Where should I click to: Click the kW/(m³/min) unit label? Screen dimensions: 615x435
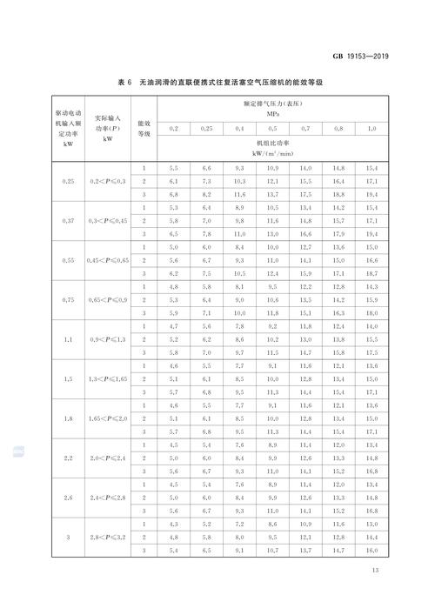click(x=272, y=154)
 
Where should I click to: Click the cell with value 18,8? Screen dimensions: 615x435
click(x=338, y=195)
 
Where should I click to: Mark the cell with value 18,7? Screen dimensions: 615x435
click(x=371, y=274)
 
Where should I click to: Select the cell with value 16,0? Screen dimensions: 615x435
click(x=371, y=550)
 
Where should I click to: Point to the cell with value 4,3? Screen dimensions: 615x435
click(x=173, y=524)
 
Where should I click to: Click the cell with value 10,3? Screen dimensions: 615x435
click(x=239, y=180)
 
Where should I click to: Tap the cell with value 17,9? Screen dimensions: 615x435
click(x=338, y=234)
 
